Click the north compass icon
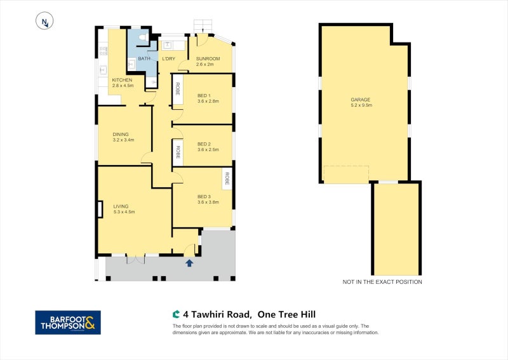[44, 22]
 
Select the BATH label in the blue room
[144, 58]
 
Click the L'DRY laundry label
[168, 58]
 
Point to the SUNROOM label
[207, 58]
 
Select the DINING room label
[121, 134]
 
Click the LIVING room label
[121, 206]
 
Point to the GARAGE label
[360, 100]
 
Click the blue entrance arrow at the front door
[189, 262]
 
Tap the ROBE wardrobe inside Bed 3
[226, 179]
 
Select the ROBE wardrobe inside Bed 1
[178, 88]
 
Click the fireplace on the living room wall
[100, 209]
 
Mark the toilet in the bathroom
[143, 38]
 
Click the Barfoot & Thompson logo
[67, 323]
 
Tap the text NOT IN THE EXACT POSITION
[382, 282]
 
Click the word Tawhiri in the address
[214, 314]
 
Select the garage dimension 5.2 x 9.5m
[360, 106]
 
